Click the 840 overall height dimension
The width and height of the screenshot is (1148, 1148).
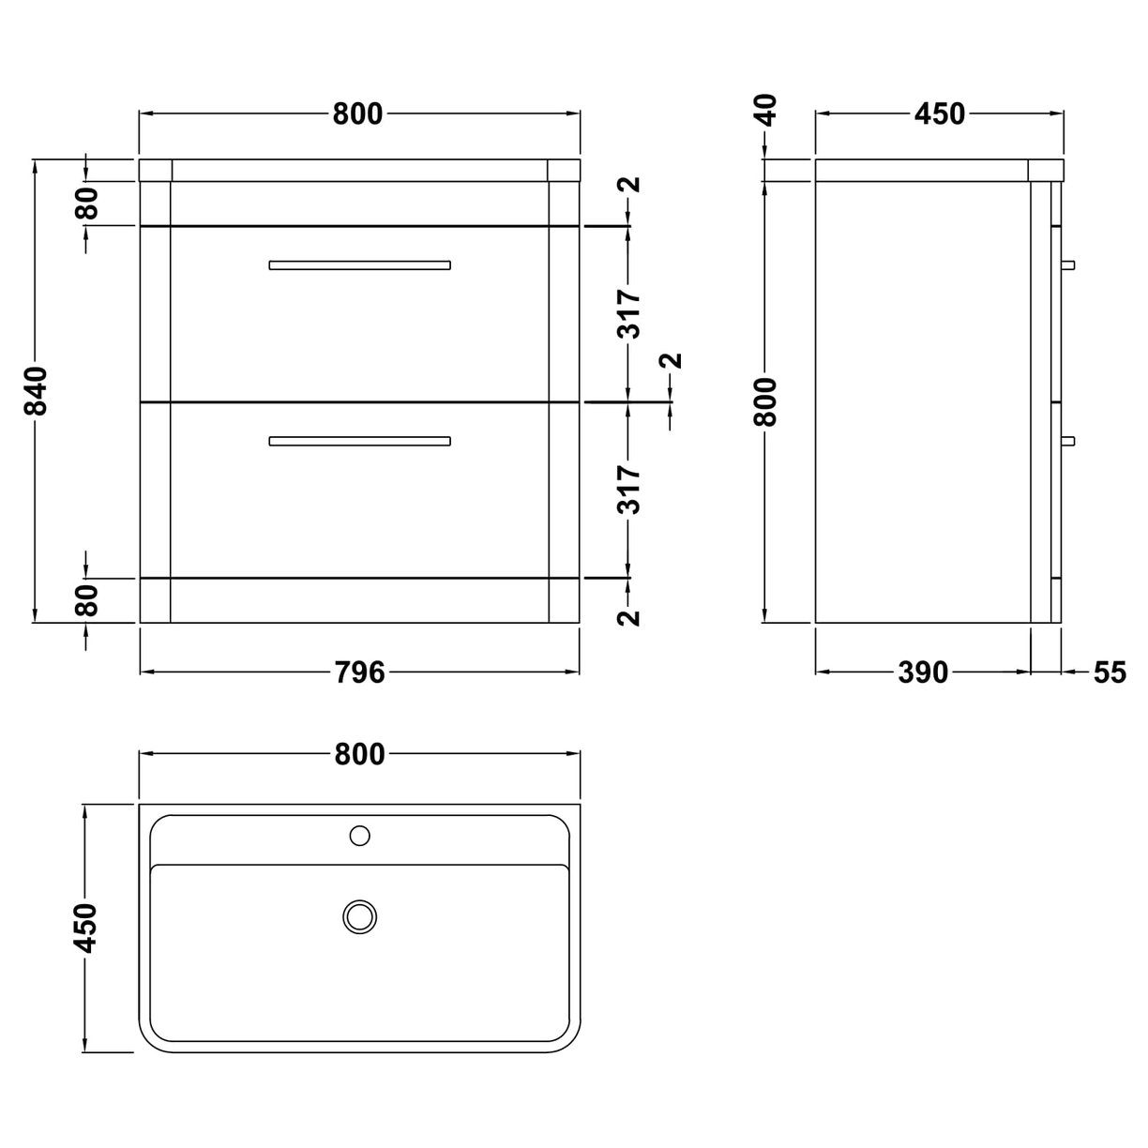[35, 391]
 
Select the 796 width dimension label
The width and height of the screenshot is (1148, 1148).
[359, 672]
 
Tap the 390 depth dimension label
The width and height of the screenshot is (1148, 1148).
[923, 672]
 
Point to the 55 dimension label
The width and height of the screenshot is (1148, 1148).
[1108, 672]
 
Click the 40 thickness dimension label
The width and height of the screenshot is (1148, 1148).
[767, 111]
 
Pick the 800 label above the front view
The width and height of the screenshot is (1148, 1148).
[358, 113]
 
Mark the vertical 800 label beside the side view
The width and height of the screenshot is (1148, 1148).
[767, 401]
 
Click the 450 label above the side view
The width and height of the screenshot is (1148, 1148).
[939, 113]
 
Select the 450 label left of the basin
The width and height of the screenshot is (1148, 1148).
[86, 929]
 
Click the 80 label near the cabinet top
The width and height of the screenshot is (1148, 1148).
[87, 204]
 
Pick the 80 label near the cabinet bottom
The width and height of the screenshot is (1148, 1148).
[87, 600]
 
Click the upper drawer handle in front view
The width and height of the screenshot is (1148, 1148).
[359, 264]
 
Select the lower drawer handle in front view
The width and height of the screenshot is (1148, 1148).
[359, 440]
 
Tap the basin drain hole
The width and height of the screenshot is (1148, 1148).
[359, 915]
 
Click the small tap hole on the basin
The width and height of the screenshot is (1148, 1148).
[359, 835]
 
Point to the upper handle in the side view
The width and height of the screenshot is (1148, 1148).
[1068, 264]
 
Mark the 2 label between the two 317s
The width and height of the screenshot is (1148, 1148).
[671, 361]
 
